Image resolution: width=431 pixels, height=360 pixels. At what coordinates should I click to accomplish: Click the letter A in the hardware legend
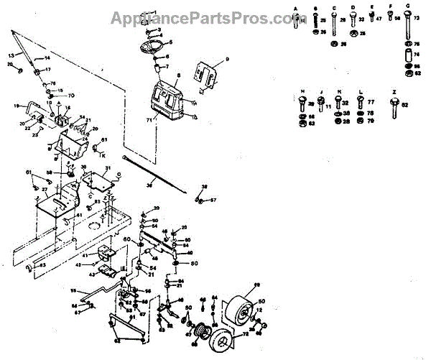pos(296,6)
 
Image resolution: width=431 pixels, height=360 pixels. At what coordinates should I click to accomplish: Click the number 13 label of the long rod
pos(11,55)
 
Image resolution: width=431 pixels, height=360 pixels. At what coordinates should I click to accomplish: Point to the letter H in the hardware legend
pos(302,92)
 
